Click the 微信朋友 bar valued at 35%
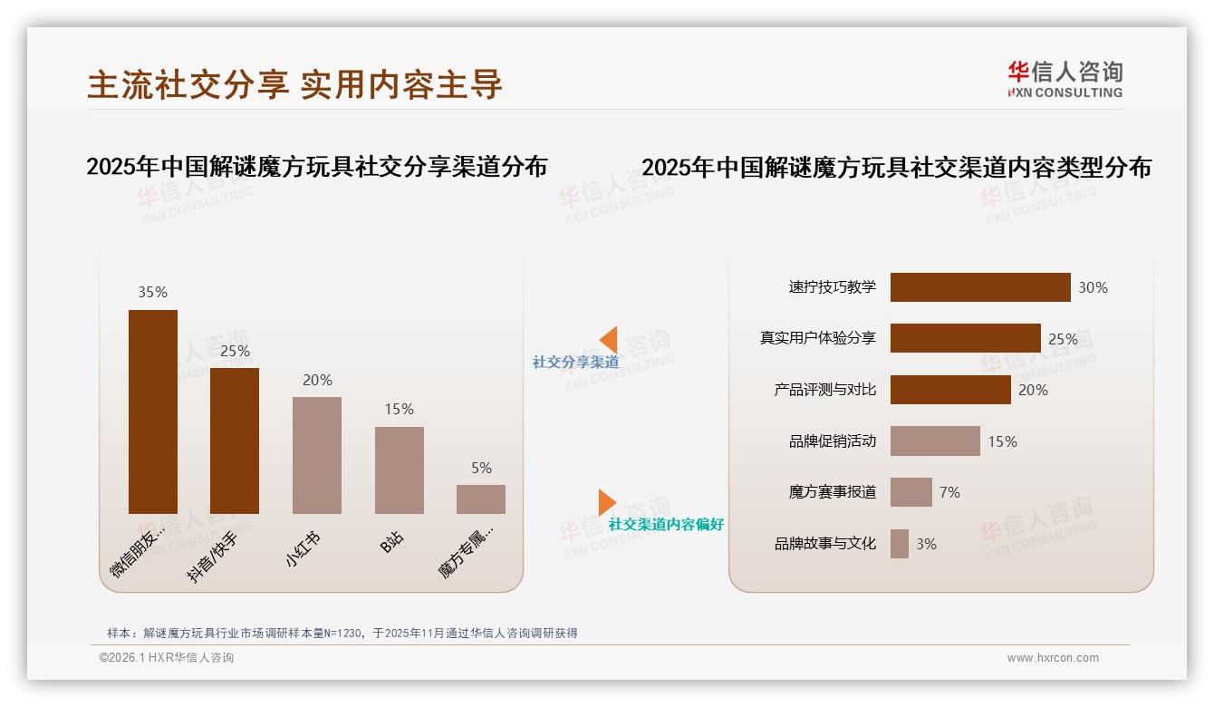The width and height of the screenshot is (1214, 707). (153, 412)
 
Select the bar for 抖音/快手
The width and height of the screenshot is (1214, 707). (235, 441)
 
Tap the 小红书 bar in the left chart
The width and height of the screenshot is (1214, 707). (317, 455)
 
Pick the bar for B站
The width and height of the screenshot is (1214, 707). (399, 470)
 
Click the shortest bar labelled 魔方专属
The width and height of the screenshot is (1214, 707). (481, 499)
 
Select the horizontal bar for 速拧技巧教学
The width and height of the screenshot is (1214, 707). (980, 287)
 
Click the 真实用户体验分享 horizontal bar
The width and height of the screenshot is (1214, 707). (965, 338)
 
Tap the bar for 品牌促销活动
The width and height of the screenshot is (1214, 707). (935, 441)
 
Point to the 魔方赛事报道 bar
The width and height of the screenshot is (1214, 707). (910, 492)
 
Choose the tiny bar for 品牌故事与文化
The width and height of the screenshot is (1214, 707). (900, 544)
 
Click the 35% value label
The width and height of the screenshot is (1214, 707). (152, 292)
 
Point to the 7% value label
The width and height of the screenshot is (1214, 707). (949, 492)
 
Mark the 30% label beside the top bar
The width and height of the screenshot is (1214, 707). (1093, 287)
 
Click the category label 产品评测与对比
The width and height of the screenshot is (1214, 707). (825, 390)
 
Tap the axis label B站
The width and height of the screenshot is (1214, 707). (392, 543)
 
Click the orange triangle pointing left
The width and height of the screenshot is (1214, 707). (609, 340)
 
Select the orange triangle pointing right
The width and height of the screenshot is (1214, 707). (606, 502)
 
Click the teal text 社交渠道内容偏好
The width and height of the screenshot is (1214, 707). (666, 524)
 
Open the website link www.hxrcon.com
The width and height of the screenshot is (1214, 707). (1053, 658)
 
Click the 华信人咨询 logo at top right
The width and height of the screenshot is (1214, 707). (1065, 79)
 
